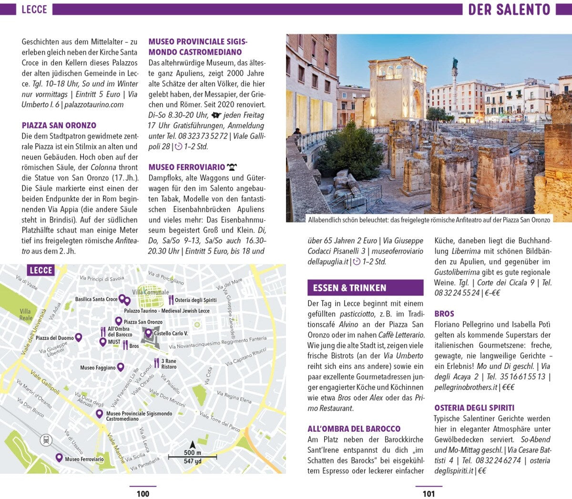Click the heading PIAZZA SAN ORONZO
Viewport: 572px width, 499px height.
click(59, 125)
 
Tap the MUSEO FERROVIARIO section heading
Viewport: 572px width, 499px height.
click(186, 167)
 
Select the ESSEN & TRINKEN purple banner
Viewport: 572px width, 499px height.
click(365, 288)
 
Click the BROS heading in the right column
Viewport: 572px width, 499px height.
click(444, 314)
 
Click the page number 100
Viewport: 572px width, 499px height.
click(143, 494)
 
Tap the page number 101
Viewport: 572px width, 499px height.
click(429, 494)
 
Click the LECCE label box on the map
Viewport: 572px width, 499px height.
click(41, 271)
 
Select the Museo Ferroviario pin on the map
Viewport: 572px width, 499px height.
click(59, 458)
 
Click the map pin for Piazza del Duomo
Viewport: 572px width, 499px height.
click(79, 337)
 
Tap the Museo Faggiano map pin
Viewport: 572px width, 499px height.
click(121, 367)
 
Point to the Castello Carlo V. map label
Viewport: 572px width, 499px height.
click(171, 334)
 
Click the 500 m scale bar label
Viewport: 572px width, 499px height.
click(193, 453)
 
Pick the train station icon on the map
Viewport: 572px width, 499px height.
click(46, 440)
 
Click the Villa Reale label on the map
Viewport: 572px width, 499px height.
click(26, 315)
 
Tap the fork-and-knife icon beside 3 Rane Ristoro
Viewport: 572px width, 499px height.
click(156, 363)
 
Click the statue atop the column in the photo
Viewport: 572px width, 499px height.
click(455, 63)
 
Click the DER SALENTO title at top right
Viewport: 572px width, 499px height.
click(509, 9)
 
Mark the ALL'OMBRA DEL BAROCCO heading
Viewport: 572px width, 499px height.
click(354, 429)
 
